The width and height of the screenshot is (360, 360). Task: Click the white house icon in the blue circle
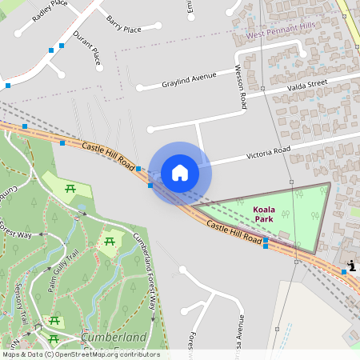(x=180, y=172)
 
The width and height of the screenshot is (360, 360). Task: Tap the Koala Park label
(x=263, y=214)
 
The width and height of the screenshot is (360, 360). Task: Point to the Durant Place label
(x=87, y=48)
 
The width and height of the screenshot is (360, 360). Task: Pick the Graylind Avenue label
(x=189, y=78)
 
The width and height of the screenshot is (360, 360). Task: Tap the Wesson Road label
(x=242, y=88)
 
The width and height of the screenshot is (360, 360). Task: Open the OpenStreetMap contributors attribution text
(x=80, y=354)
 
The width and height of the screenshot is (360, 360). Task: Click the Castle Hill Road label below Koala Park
(x=234, y=233)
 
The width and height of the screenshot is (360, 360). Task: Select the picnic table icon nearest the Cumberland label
(x=55, y=321)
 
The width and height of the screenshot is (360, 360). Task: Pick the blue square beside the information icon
(x=344, y=272)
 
